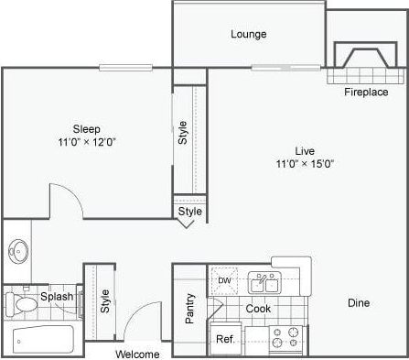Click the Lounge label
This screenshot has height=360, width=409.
(x=248, y=35)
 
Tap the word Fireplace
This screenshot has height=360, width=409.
(x=366, y=93)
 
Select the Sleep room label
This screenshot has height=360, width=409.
(x=87, y=128)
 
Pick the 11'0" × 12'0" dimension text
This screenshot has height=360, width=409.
(x=87, y=142)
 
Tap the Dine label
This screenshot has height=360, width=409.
(x=359, y=302)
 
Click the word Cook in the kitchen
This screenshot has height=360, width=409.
(x=258, y=310)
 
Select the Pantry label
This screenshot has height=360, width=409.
(x=190, y=309)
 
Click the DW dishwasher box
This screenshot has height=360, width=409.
(x=224, y=280)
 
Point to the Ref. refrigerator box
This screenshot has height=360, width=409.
(x=224, y=339)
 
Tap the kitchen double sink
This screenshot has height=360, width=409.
(x=265, y=283)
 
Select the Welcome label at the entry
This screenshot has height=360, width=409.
(x=137, y=354)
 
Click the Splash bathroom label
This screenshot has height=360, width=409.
(x=57, y=298)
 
